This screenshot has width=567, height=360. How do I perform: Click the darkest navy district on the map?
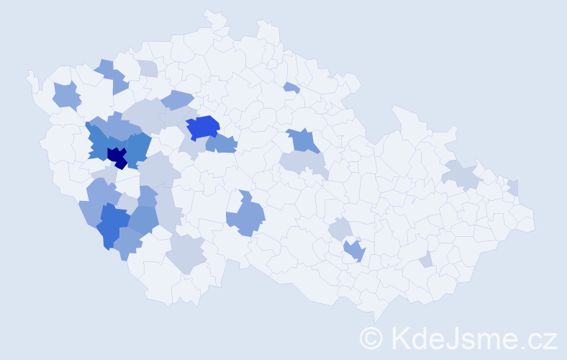(117, 156)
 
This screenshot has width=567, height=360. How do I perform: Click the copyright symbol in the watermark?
(371, 338)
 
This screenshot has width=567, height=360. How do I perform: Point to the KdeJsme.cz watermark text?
(472, 338)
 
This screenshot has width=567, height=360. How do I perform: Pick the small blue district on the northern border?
(291, 88)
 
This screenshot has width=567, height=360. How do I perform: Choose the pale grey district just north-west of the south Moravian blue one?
(340, 230)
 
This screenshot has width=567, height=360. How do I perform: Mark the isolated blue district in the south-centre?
(247, 216)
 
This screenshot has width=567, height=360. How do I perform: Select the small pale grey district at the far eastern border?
(512, 187)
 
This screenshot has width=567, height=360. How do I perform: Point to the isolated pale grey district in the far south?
(186, 254)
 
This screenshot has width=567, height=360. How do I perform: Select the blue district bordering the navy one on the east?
(138, 147)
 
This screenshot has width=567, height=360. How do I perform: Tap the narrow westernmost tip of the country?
(30, 73)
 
